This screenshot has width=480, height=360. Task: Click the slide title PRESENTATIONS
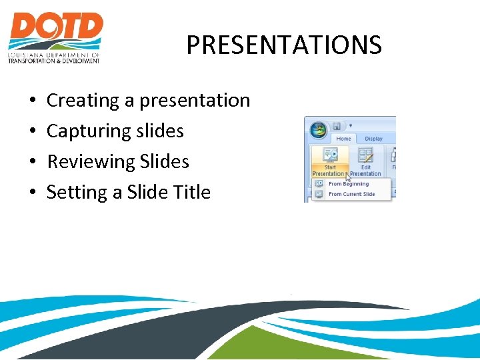pos(283,45)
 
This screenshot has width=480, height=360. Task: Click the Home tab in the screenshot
pos(343,139)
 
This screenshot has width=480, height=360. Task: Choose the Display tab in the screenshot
pos(373,139)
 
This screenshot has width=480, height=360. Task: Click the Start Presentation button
pos(330,161)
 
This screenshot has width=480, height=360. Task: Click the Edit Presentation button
pos(366,161)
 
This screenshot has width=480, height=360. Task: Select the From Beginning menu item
pos(348,184)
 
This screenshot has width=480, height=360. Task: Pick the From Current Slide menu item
pos(351,195)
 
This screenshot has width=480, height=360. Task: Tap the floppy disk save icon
pos(337,126)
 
